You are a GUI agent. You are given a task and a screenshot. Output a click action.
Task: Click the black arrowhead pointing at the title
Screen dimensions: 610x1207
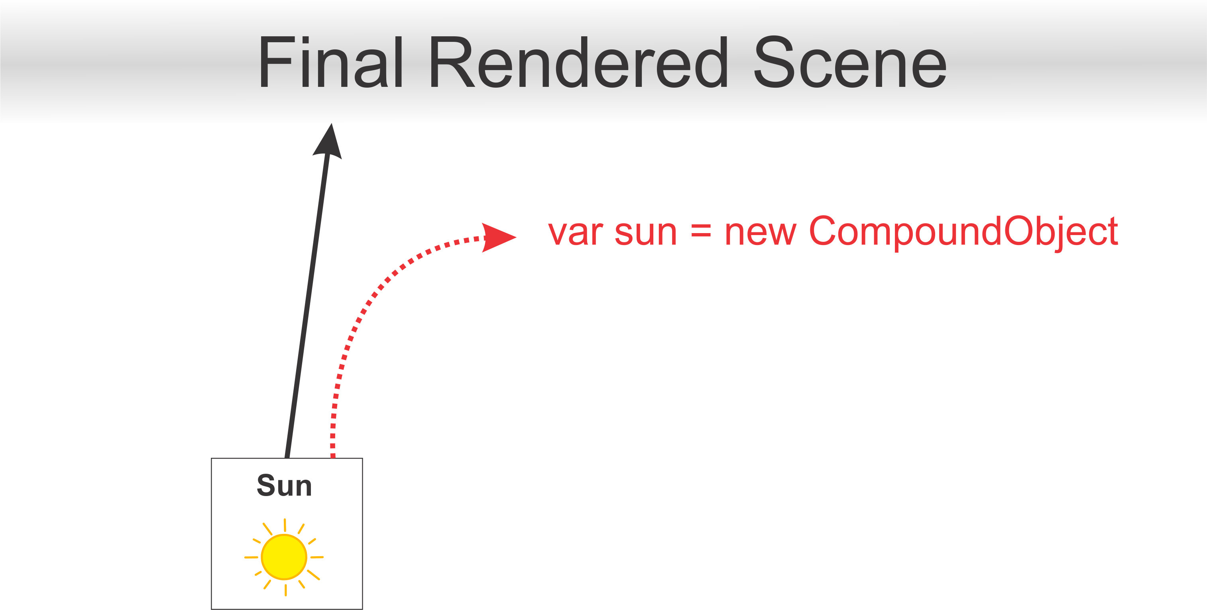(x=329, y=141)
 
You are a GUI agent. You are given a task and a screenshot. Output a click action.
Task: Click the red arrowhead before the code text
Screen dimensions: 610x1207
(x=497, y=237)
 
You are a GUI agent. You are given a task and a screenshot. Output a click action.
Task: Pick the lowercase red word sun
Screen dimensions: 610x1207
(x=646, y=232)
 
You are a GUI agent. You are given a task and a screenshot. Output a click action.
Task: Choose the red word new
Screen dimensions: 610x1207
(x=760, y=232)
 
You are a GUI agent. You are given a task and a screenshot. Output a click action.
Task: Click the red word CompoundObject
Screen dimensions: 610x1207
(x=963, y=232)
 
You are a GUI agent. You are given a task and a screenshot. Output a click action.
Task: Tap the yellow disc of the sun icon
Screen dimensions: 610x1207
(x=284, y=557)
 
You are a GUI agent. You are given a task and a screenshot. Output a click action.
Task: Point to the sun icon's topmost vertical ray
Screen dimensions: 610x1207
(x=285, y=525)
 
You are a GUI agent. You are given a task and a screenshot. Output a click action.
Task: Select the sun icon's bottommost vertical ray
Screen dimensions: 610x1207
(x=286, y=590)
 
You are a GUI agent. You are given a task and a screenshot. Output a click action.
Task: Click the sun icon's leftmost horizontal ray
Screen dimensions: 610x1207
(x=251, y=557)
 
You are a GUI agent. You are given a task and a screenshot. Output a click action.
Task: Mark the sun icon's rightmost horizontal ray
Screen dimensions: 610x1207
(x=317, y=557)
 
